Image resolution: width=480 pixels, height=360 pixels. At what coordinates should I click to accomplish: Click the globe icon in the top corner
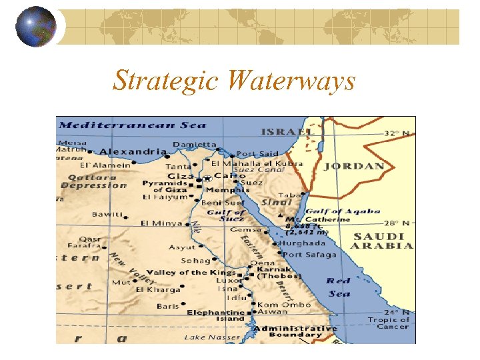(x=36, y=27)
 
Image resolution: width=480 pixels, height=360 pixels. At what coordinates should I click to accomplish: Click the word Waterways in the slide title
(x=291, y=81)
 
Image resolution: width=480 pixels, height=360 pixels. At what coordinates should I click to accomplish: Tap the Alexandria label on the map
(x=133, y=152)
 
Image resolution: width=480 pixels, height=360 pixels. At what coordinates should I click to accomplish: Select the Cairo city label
(x=229, y=176)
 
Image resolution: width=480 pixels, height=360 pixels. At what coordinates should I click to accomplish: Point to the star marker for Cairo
(x=207, y=177)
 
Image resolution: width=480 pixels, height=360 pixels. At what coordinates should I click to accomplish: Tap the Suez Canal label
(x=257, y=169)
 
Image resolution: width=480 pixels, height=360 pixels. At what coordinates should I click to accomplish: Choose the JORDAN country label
(x=354, y=166)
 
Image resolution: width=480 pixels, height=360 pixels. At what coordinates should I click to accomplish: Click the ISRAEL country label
(x=287, y=132)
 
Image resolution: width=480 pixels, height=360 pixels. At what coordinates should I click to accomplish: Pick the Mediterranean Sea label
(x=132, y=125)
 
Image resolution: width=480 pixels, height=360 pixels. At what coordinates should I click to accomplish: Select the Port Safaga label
(x=310, y=254)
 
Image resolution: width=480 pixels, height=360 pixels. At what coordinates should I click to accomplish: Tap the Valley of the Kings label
(x=191, y=272)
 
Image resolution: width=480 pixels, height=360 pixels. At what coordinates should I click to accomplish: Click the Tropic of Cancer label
(x=393, y=323)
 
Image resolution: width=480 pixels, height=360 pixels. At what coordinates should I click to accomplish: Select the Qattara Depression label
(x=93, y=181)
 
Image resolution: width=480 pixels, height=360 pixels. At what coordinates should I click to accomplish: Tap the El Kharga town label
(x=158, y=289)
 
